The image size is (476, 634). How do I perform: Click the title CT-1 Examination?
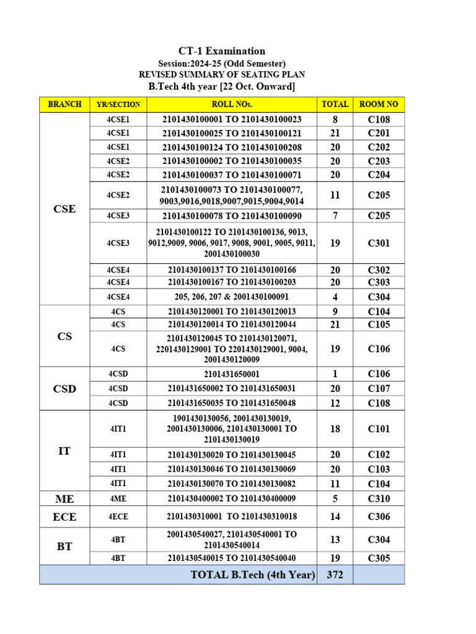tap(221, 51)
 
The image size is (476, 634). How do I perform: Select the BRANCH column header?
tap(64, 104)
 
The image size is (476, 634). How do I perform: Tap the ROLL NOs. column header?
tap(232, 104)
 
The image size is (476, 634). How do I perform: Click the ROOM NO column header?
tap(379, 104)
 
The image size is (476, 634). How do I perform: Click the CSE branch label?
tap(64, 209)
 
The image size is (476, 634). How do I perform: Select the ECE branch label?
tap(64, 516)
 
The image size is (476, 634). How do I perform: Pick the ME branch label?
tap(64, 498)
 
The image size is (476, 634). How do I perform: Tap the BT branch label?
tap(64, 546)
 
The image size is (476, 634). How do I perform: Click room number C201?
tap(379, 134)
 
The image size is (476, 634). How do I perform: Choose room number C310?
tap(379, 498)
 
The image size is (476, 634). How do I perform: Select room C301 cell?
tap(379, 243)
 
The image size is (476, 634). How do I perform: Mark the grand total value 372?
tap(335, 575)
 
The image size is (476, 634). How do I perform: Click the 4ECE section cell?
tap(118, 516)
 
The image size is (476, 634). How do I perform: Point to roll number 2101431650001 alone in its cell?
tap(232, 374)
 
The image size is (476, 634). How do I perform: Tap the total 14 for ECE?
tap(335, 516)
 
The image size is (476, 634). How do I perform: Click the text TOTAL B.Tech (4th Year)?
tap(253, 575)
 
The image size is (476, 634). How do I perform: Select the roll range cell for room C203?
tap(232, 161)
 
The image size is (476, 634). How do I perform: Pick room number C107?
tap(379, 389)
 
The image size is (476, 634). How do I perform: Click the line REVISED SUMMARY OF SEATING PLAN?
tap(221, 74)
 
